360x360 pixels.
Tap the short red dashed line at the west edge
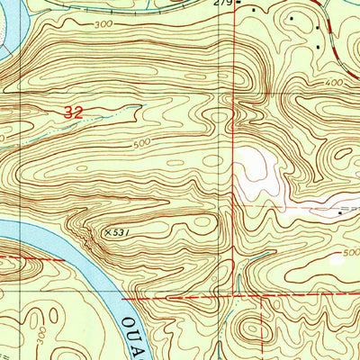click(27, 258)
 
